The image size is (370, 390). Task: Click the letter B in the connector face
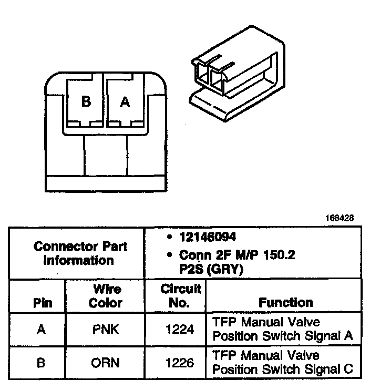coord(86,102)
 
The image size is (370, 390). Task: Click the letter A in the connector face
coord(125,102)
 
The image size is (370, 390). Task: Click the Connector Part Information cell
coord(79,253)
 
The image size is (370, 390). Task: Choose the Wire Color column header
coord(105,296)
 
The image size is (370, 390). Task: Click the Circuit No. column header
coord(174,296)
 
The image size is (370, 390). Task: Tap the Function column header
coord(285,303)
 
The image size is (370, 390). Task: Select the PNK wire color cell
coord(105,330)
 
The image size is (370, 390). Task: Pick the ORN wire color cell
coord(105,363)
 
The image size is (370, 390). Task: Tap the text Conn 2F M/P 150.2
coord(237,255)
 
